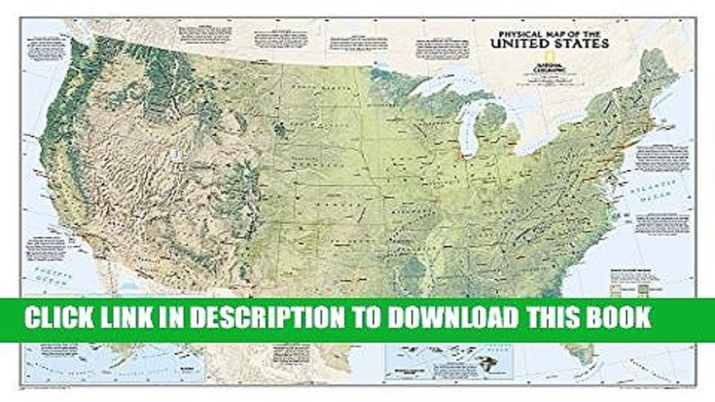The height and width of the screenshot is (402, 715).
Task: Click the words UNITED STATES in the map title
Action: [549, 42]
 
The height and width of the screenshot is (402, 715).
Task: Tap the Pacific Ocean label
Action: [49, 276]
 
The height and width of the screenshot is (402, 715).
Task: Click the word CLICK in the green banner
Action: [60, 318]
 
